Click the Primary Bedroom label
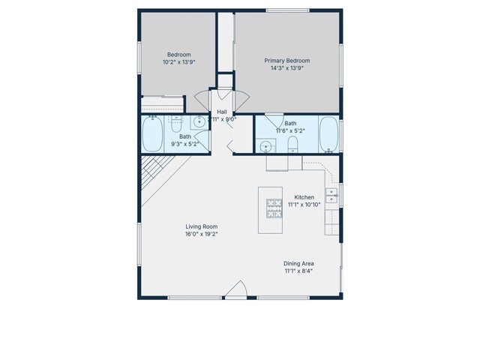[286, 61]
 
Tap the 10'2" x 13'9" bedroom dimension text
[178, 63]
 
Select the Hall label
[222, 111]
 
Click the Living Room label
[202, 226]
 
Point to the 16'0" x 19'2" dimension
[202, 234]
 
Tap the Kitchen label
[304, 197]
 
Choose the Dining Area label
[298, 263]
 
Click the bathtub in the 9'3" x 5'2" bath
[152, 135]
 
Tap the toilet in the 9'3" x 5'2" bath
[177, 122]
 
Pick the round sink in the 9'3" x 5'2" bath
[199, 123]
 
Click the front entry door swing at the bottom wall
[237, 291]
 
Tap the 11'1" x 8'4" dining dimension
[298, 271]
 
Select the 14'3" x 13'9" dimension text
[286, 68]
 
